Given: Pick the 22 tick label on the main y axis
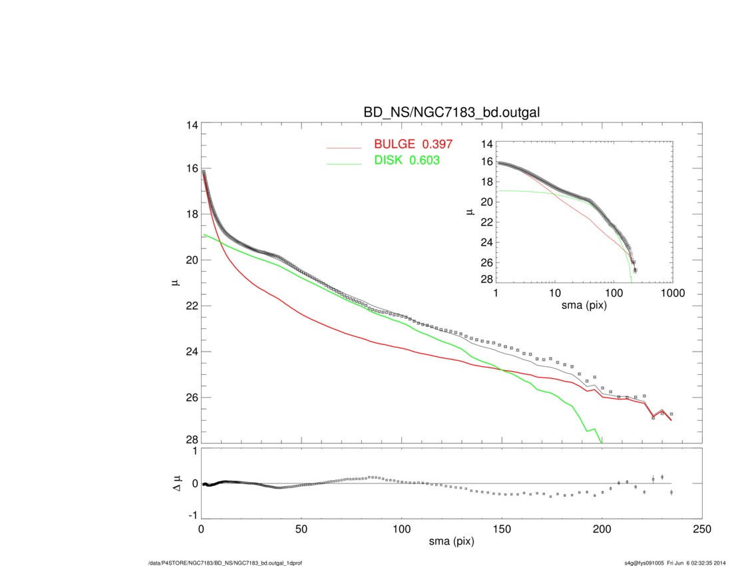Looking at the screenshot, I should click(191, 306).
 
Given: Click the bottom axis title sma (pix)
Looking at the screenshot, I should click(451, 543).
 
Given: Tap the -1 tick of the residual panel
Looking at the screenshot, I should click(193, 515).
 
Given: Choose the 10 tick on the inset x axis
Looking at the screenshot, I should click(554, 292).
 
